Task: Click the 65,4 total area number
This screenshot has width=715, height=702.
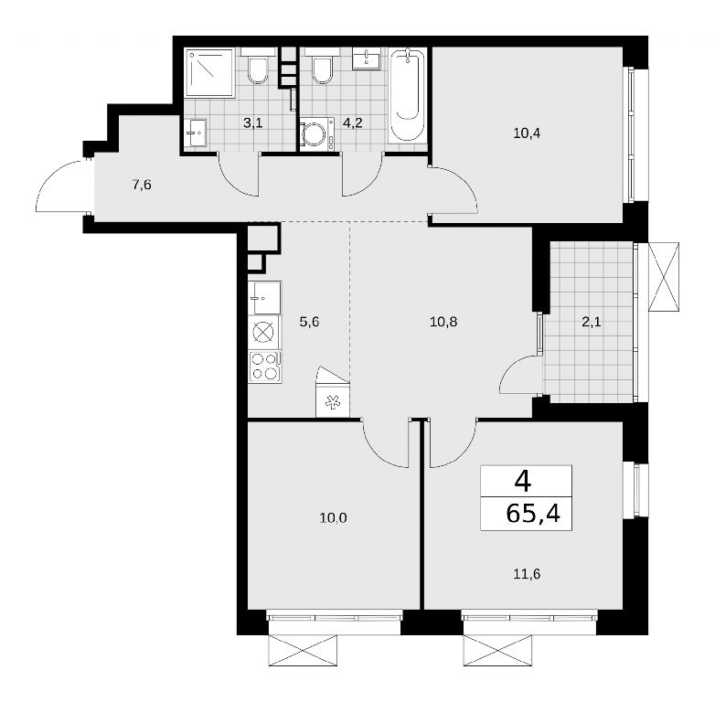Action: pyautogui.click(x=533, y=514)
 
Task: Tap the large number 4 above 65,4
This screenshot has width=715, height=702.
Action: pyautogui.click(x=523, y=482)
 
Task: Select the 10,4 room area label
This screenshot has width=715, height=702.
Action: pyautogui.click(x=527, y=134)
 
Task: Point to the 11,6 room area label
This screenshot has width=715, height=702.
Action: pyautogui.click(x=527, y=574)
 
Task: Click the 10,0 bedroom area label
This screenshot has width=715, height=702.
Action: pyautogui.click(x=334, y=518)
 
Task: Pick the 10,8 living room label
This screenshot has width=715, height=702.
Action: pyautogui.click(x=443, y=323)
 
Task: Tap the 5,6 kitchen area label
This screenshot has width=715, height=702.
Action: pyautogui.click(x=309, y=323)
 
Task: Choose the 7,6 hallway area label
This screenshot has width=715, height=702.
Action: pyautogui.click(x=142, y=186)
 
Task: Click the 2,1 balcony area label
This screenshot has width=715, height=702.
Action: pyautogui.click(x=592, y=323)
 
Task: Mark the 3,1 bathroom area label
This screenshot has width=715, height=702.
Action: pyautogui.click(x=252, y=123)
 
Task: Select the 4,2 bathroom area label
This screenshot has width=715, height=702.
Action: pyautogui.click(x=353, y=123)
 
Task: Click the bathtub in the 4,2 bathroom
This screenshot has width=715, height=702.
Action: pyautogui.click(x=408, y=96)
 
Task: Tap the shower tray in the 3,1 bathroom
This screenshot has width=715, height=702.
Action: pyautogui.click(x=210, y=72)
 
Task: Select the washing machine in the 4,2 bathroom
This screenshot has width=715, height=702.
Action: pyautogui.click(x=317, y=133)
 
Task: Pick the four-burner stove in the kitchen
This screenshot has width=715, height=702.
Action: pyautogui.click(x=265, y=367)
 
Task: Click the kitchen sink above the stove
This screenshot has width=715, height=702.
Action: pyautogui.click(x=265, y=298)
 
